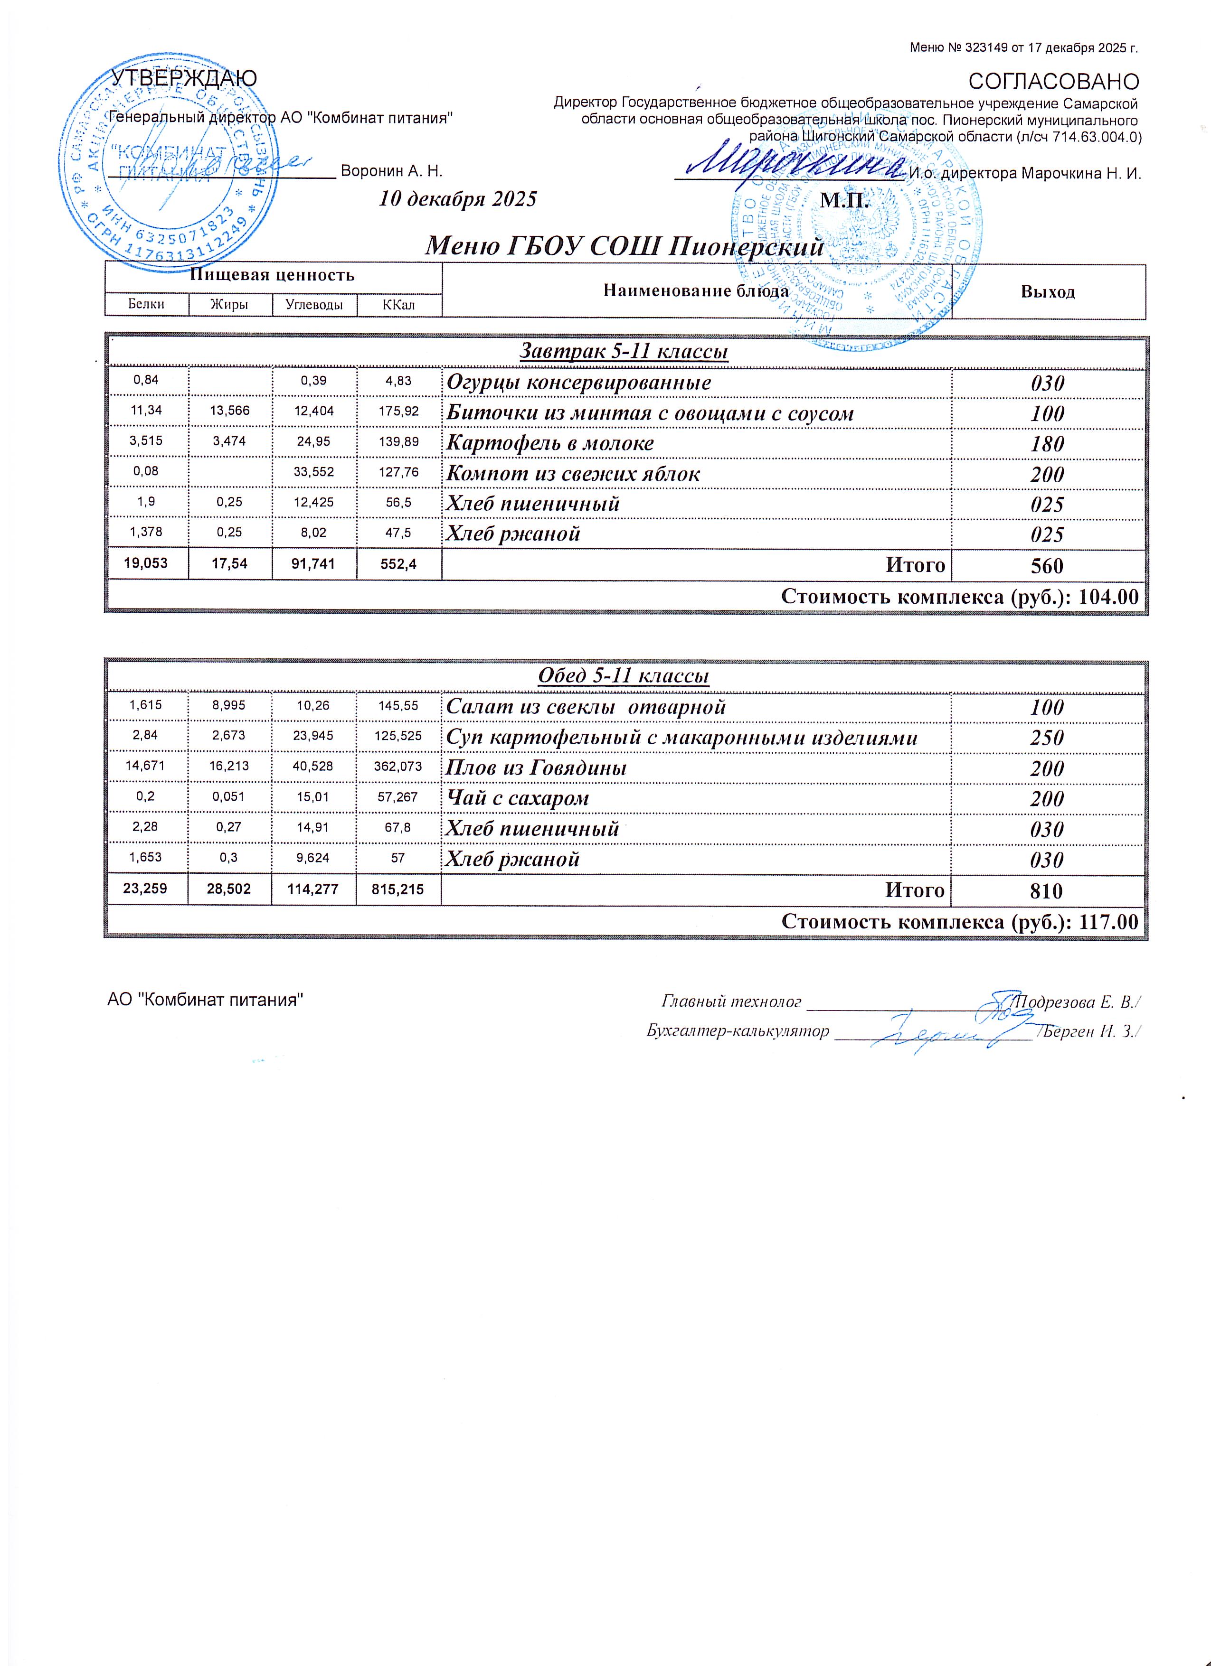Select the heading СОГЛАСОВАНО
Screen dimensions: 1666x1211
click(1054, 82)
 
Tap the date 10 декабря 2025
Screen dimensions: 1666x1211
click(457, 199)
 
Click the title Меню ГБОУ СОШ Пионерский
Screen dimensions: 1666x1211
click(624, 246)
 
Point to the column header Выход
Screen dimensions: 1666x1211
click(1047, 292)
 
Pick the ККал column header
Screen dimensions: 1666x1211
click(398, 304)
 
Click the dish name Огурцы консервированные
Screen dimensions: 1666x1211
click(579, 383)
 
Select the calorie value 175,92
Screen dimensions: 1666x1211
click(398, 412)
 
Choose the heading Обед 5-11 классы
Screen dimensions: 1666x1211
click(624, 676)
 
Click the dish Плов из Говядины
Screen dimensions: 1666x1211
click(537, 768)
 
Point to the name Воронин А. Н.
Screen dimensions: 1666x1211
click(392, 172)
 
